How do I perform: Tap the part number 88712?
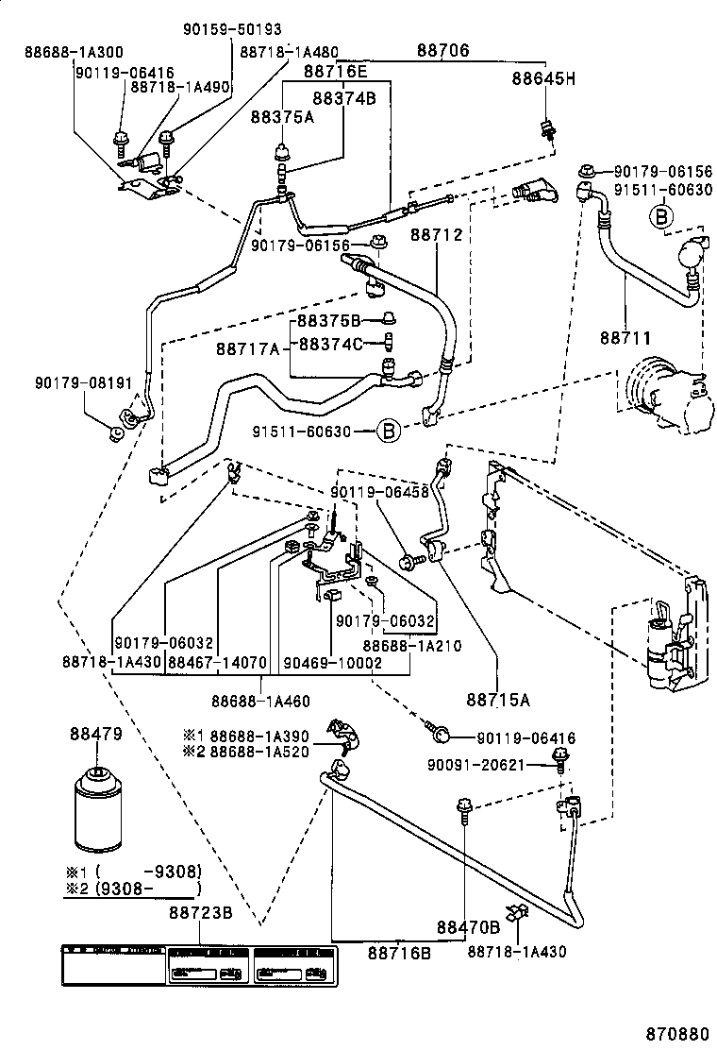(x=437, y=233)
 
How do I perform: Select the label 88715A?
(x=497, y=700)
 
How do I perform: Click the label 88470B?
(x=467, y=926)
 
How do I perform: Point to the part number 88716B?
(x=399, y=953)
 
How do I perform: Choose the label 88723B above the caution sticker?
(x=201, y=913)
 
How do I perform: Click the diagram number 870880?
(x=677, y=1034)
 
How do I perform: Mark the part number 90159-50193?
(x=231, y=30)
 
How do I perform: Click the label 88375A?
(x=281, y=116)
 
